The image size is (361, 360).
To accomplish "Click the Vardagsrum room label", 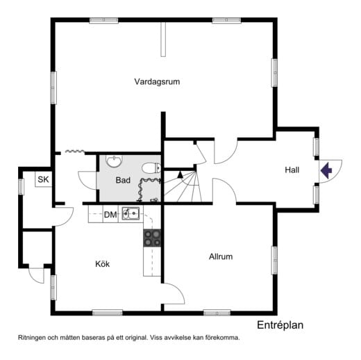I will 157,82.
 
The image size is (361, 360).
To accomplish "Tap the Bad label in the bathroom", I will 123,180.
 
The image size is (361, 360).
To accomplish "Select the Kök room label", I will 103,264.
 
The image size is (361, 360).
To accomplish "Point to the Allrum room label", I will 221,256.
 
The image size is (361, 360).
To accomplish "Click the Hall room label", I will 292,170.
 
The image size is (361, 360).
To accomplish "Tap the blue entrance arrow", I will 326,168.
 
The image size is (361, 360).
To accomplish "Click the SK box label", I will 43,180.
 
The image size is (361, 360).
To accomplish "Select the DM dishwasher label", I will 110,215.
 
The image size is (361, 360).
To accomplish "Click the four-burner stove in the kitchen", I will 152,238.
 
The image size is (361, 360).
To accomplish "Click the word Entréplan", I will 280,325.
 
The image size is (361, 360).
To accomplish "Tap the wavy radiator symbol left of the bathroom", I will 74,151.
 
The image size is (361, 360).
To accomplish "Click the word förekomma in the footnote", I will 221,337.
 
